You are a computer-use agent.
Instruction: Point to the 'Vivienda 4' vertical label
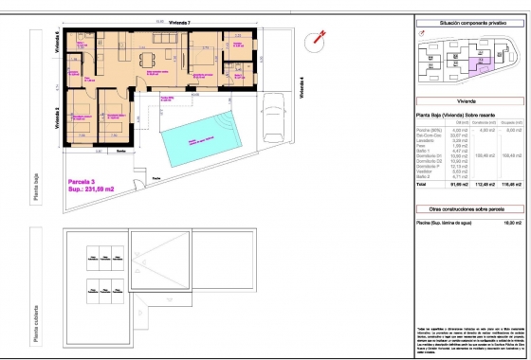pyautogui.click(x=302, y=87)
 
